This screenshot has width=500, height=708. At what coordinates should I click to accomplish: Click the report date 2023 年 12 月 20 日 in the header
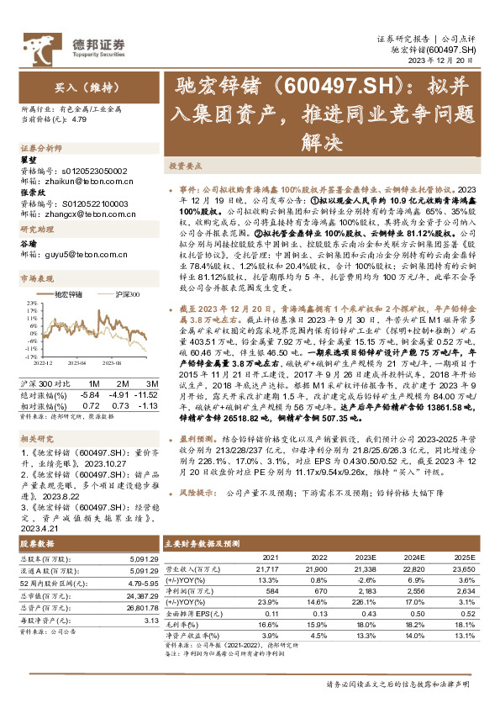point(444,61)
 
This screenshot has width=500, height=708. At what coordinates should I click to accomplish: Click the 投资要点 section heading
point(188,167)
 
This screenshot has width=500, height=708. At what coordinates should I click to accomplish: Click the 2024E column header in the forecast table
point(413,557)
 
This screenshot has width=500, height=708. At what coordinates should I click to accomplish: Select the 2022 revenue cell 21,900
point(317,569)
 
